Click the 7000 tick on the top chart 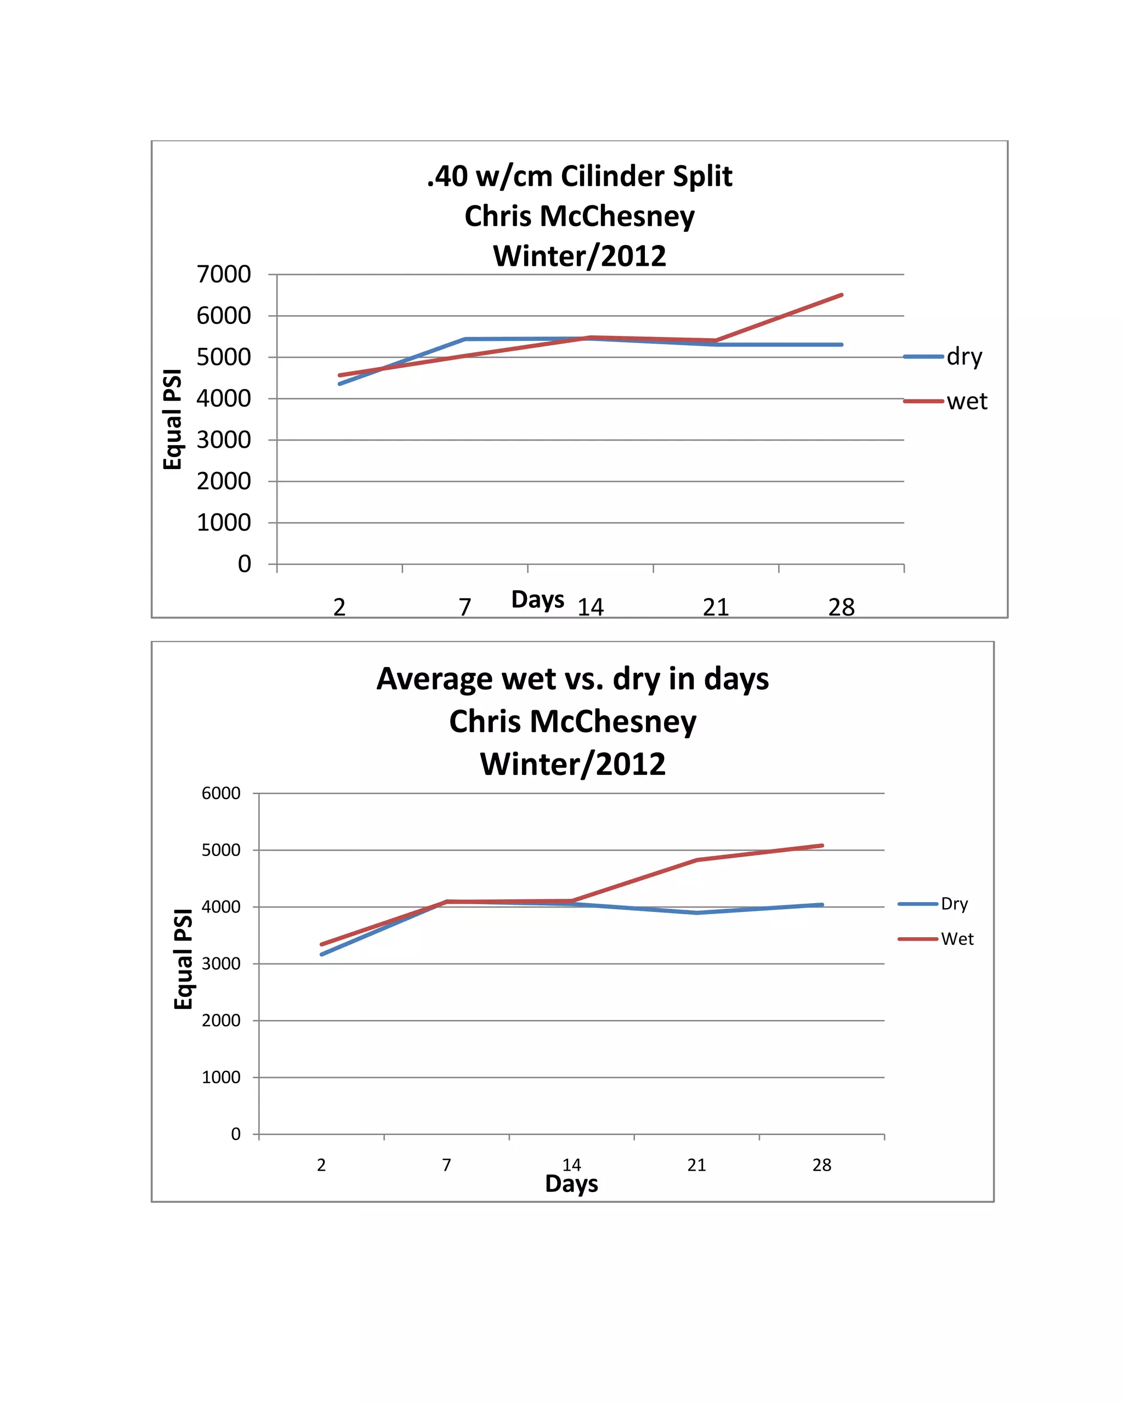pyautogui.click(x=223, y=275)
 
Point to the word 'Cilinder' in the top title pyautogui.click(x=609, y=176)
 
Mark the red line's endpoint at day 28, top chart pyautogui.click(x=841, y=295)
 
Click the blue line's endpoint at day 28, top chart pyautogui.click(x=841, y=345)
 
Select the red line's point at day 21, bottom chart pyautogui.click(x=696, y=860)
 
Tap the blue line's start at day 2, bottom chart pyautogui.click(x=321, y=955)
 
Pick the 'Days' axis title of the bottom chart pyautogui.click(x=571, y=1184)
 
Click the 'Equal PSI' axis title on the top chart pyautogui.click(x=173, y=419)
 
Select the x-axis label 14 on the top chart pyautogui.click(x=591, y=608)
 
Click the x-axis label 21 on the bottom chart pyautogui.click(x=696, y=1165)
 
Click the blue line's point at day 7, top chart pyautogui.click(x=465, y=339)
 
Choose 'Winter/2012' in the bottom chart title pyautogui.click(x=572, y=764)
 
